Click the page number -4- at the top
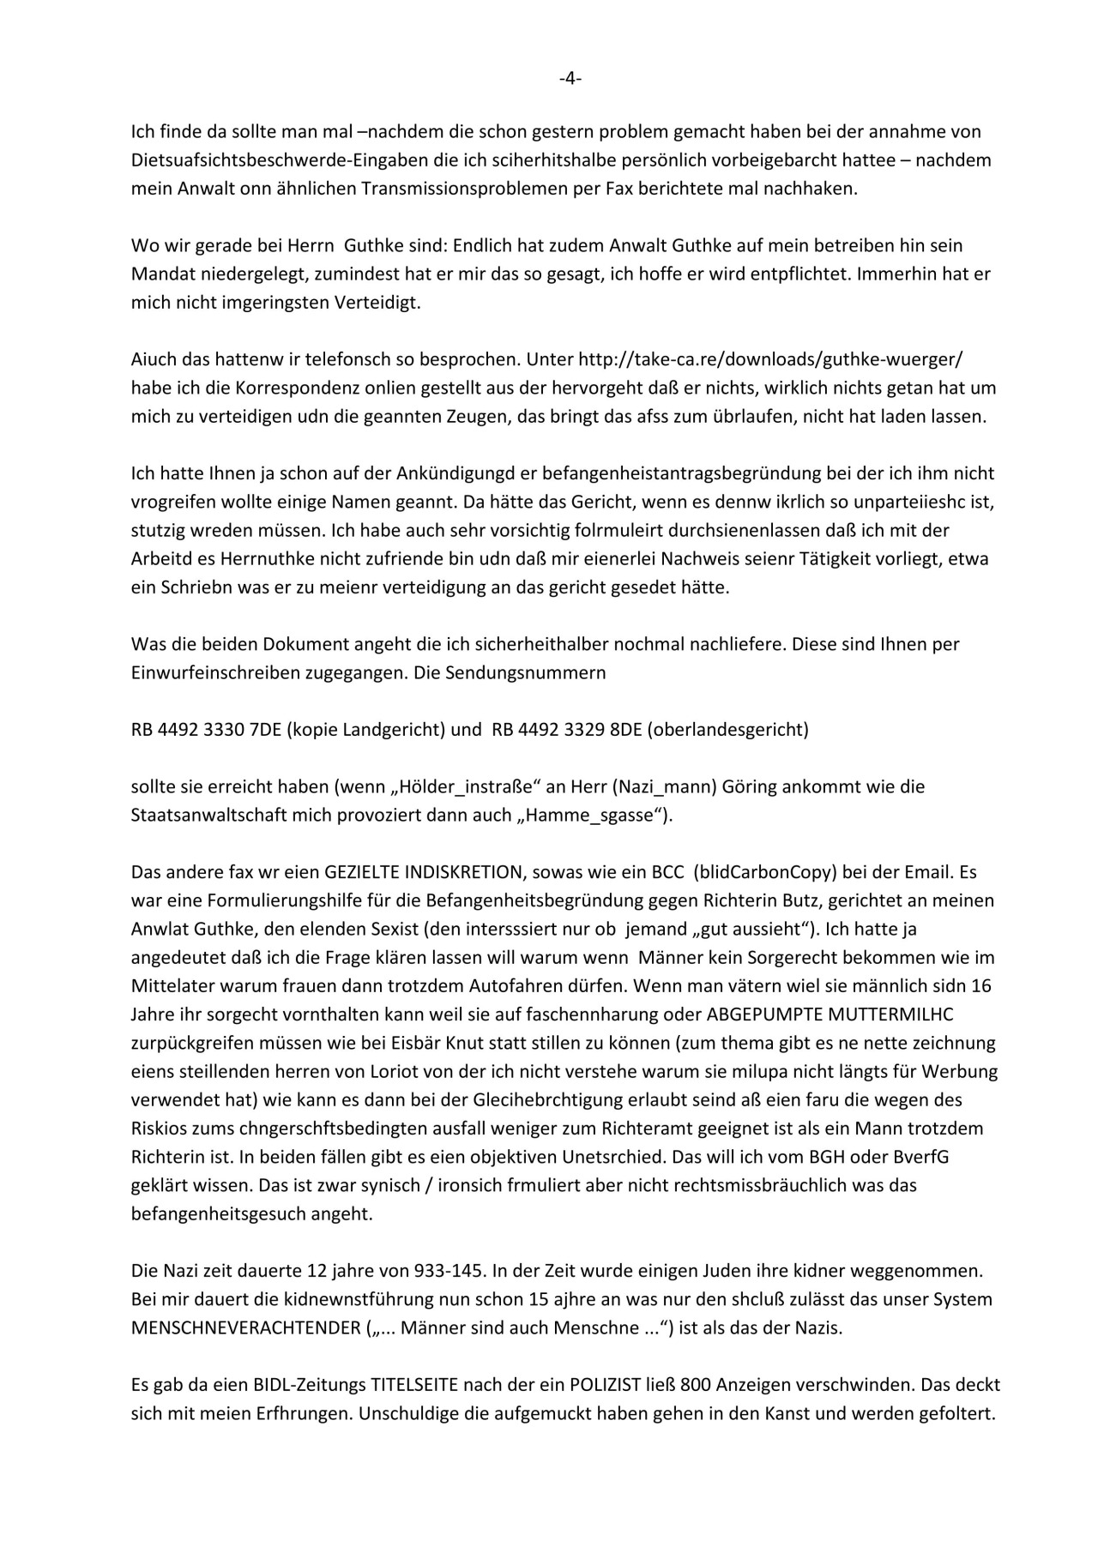(x=570, y=79)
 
